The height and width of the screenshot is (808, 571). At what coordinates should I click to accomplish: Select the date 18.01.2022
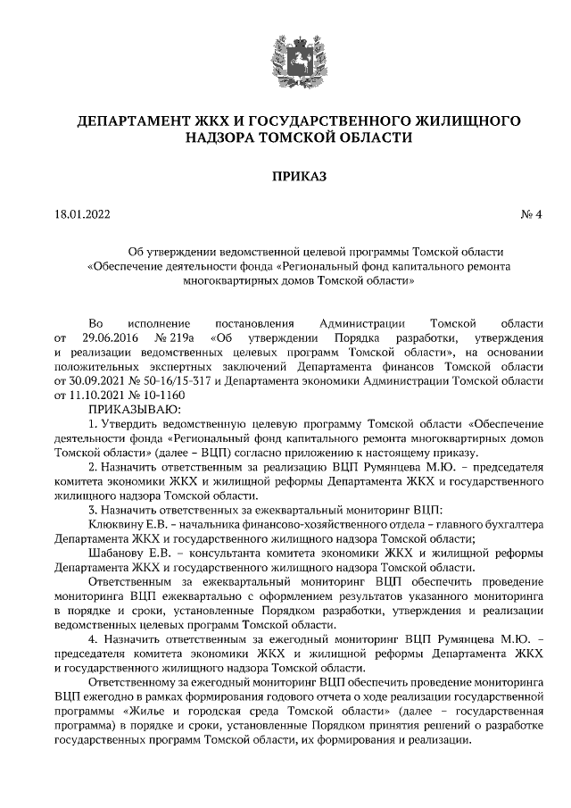coord(82,215)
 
